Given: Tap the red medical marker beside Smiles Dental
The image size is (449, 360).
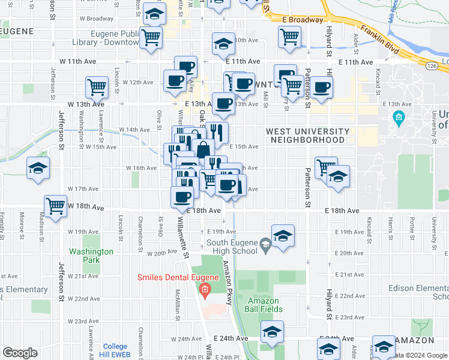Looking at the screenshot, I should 204,291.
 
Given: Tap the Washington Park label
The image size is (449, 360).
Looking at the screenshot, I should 91,256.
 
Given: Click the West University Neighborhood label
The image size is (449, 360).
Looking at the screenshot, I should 307,135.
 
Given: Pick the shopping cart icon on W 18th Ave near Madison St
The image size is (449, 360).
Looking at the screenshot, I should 55,206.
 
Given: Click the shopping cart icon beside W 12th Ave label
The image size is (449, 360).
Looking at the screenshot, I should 97,87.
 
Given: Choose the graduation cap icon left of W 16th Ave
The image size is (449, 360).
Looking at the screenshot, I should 38,169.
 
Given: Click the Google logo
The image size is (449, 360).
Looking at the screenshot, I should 20,353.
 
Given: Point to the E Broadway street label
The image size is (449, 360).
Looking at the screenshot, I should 302,20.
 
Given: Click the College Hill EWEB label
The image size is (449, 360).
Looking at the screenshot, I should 115,350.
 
